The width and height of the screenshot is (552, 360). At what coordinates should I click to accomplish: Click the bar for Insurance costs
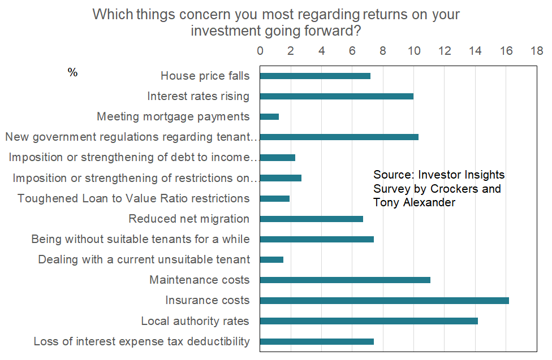tap(385, 301)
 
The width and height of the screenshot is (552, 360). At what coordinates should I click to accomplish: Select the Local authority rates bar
tap(369, 321)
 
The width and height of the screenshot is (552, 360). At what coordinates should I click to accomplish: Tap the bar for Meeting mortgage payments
tap(269, 117)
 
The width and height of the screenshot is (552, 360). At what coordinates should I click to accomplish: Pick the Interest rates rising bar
tap(337, 96)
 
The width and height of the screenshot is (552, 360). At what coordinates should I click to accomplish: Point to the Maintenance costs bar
tap(345, 280)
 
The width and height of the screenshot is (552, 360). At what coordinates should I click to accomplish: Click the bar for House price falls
tap(315, 76)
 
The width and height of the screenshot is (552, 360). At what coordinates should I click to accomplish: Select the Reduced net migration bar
tap(312, 219)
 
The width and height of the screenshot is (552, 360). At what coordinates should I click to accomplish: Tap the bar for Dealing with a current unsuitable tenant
tap(271, 259)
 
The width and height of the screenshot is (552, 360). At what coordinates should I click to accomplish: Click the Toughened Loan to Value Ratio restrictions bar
tap(275, 198)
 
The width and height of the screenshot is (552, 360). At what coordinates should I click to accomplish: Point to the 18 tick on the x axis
tap(536, 51)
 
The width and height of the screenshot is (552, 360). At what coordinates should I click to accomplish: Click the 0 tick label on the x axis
tap(260, 51)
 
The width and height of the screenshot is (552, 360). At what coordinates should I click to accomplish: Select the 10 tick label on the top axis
tap(413, 51)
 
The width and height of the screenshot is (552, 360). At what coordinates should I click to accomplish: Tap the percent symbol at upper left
tap(72, 73)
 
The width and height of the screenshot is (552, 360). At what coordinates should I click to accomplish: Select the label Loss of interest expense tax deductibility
tap(141, 341)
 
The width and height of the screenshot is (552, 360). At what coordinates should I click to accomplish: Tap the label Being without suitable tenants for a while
tap(140, 239)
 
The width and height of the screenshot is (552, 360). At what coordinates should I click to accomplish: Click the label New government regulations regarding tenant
tap(131, 137)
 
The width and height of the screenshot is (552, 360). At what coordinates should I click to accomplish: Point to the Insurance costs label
tap(207, 301)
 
